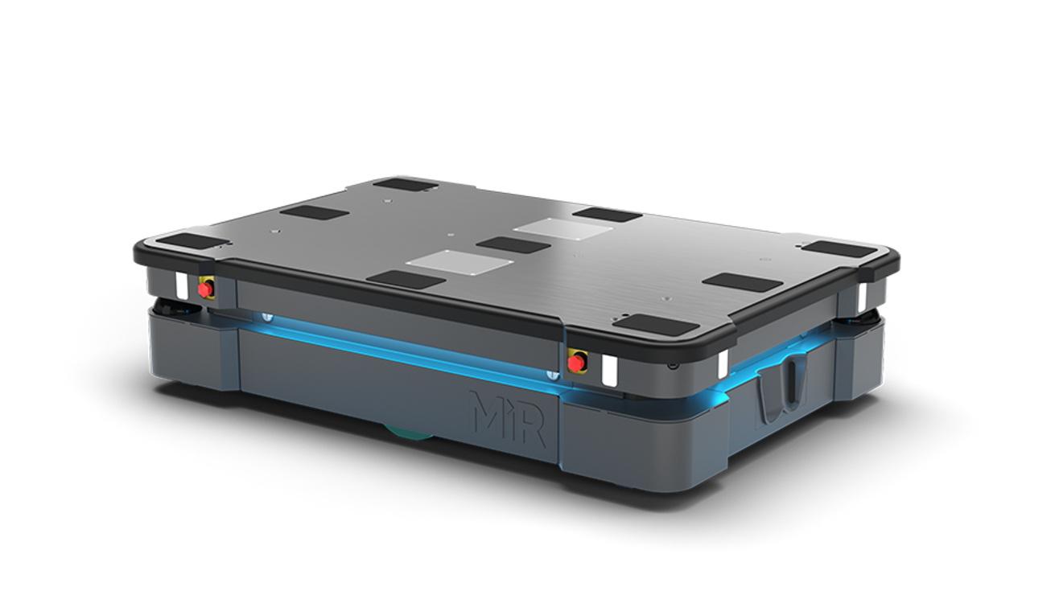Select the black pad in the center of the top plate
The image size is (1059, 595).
(x=513, y=245)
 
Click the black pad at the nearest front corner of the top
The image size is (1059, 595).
(x=658, y=324)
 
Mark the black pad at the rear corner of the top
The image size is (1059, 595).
(x=406, y=183)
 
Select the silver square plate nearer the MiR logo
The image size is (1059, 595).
(x=460, y=262)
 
